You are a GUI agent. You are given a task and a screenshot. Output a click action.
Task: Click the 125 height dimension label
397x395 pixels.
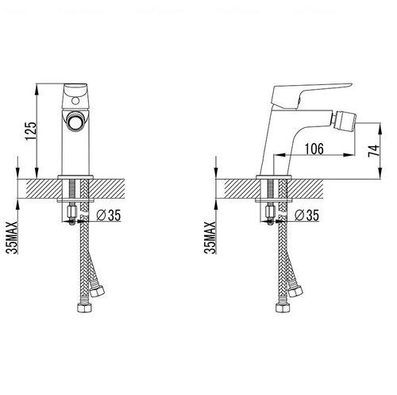pyautogui.click(x=30, y=131)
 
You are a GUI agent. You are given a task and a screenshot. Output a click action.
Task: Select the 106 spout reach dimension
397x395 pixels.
pyautogui.click(x=314, y=149)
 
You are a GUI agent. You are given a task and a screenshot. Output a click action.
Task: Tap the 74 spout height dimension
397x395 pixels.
pyautogui.click(x=374, y=151)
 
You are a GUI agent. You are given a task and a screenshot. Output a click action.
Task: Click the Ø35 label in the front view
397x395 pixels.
pyautogui.click(x=109, y=215)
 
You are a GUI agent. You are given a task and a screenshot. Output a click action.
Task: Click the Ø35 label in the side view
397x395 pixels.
pyautogui.click(x=306, y=215)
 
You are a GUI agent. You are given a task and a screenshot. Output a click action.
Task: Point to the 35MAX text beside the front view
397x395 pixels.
pyautogui.click(x=12, y=238)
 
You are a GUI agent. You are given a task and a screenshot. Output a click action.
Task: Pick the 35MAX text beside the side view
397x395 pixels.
pyautogui.click(x=210, y=238)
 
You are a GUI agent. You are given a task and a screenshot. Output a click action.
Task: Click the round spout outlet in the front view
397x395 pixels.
pyautogui.click(x=75, y=121)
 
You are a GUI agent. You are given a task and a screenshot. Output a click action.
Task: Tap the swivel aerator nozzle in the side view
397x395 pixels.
pyautogui.click(x=342, y=121)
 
